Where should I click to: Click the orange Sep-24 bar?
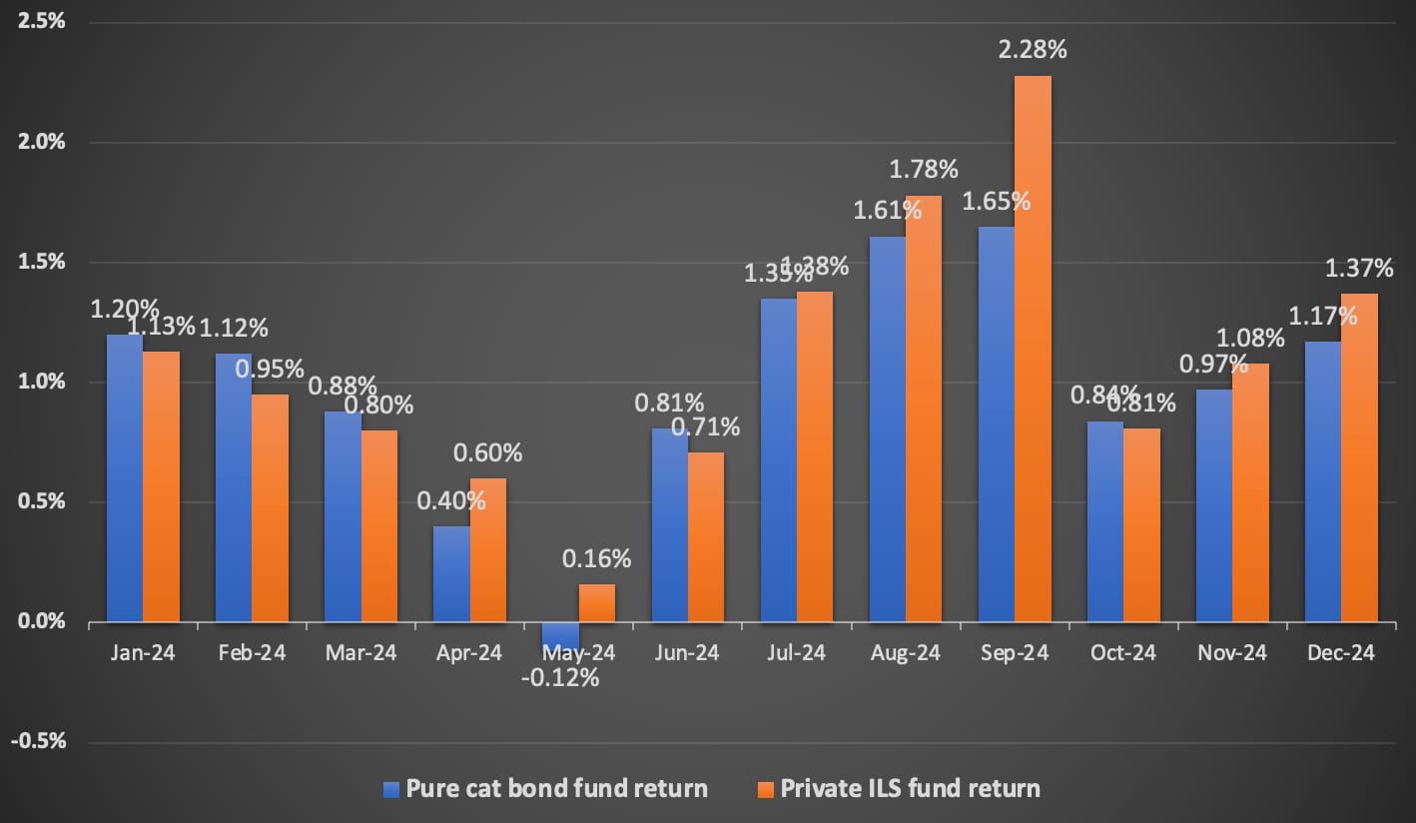(x=1033, y=350)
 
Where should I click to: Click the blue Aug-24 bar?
(x=887, y=429)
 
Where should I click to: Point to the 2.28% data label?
(x=1034, y=48)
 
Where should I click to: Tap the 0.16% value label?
(x=597, y=558)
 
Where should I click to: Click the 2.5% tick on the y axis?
(x=41, y=22)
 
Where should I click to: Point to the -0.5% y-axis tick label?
(x=38, y=741)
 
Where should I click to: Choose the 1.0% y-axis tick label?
(x=41, y=382)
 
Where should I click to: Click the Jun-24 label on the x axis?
(x=687, y=653)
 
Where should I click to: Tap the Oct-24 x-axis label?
(x=1123, y=653)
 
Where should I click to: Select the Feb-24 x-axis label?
(x=252, y=653)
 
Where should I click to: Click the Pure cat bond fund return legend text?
(x=556, y=789)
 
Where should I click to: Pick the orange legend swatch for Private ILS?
(x=766, y=789)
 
